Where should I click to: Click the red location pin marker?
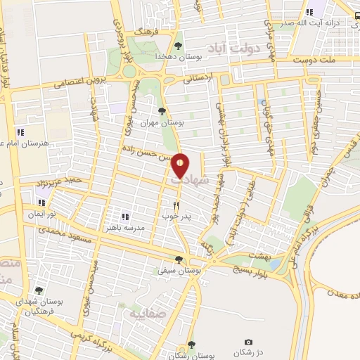tap(181, 165)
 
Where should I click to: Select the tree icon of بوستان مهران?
tap(162, 111)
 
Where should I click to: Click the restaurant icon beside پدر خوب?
tap(177, 205)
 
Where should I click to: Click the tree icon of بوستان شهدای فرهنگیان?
tap(39, 290)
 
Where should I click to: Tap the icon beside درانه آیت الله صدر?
tap(309, 12)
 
